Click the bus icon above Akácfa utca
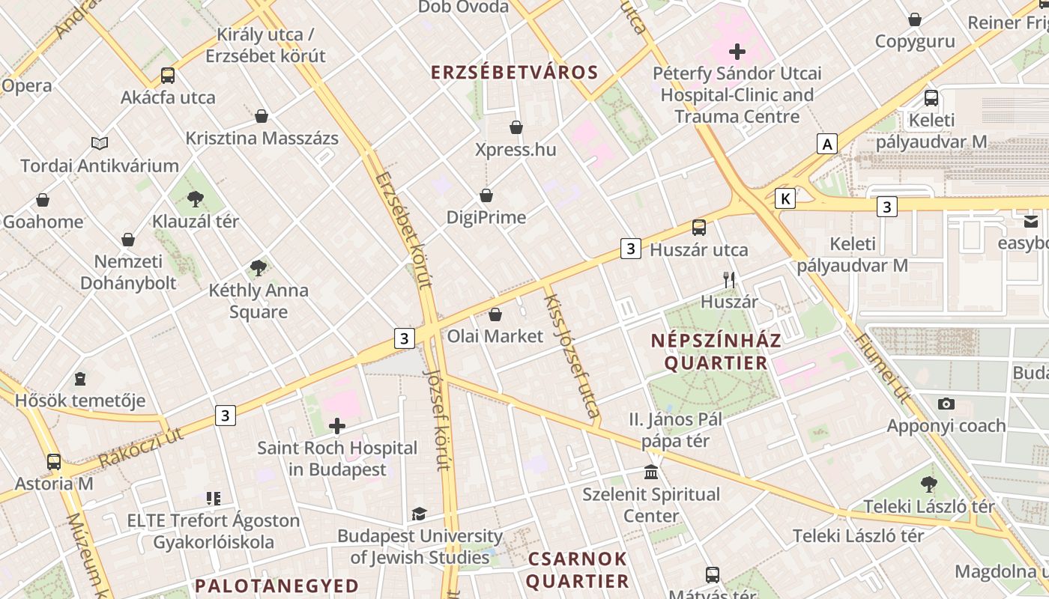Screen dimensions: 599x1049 [x=168, y=76]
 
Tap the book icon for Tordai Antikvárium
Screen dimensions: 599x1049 [x=100, y=143]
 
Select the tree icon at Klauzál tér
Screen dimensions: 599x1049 [x=196, y=199]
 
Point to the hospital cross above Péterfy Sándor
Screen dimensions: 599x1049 [x=737, y=52]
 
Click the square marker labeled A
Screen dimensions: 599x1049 [x=826, y=144]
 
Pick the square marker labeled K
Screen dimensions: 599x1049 [x=785, y=198]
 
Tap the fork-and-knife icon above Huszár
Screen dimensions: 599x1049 [x=729, y=280]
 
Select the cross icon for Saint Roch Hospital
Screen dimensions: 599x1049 [x=337, y=426]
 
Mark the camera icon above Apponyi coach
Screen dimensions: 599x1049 [x=946, y=404]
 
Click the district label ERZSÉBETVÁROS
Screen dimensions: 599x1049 [x=515, y=73]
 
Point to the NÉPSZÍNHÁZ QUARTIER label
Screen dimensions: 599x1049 [x=716, y=352]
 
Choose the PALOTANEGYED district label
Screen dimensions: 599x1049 [x=276, y=586]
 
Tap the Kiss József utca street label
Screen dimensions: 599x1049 [x=573, y=356]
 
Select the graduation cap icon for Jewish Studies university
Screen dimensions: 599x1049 [x=419, y=514]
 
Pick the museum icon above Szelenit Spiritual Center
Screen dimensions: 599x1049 [x=651, y=472]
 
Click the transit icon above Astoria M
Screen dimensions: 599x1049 [x=54, y=461]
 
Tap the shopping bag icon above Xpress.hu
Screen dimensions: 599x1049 [x=516, y=127]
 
